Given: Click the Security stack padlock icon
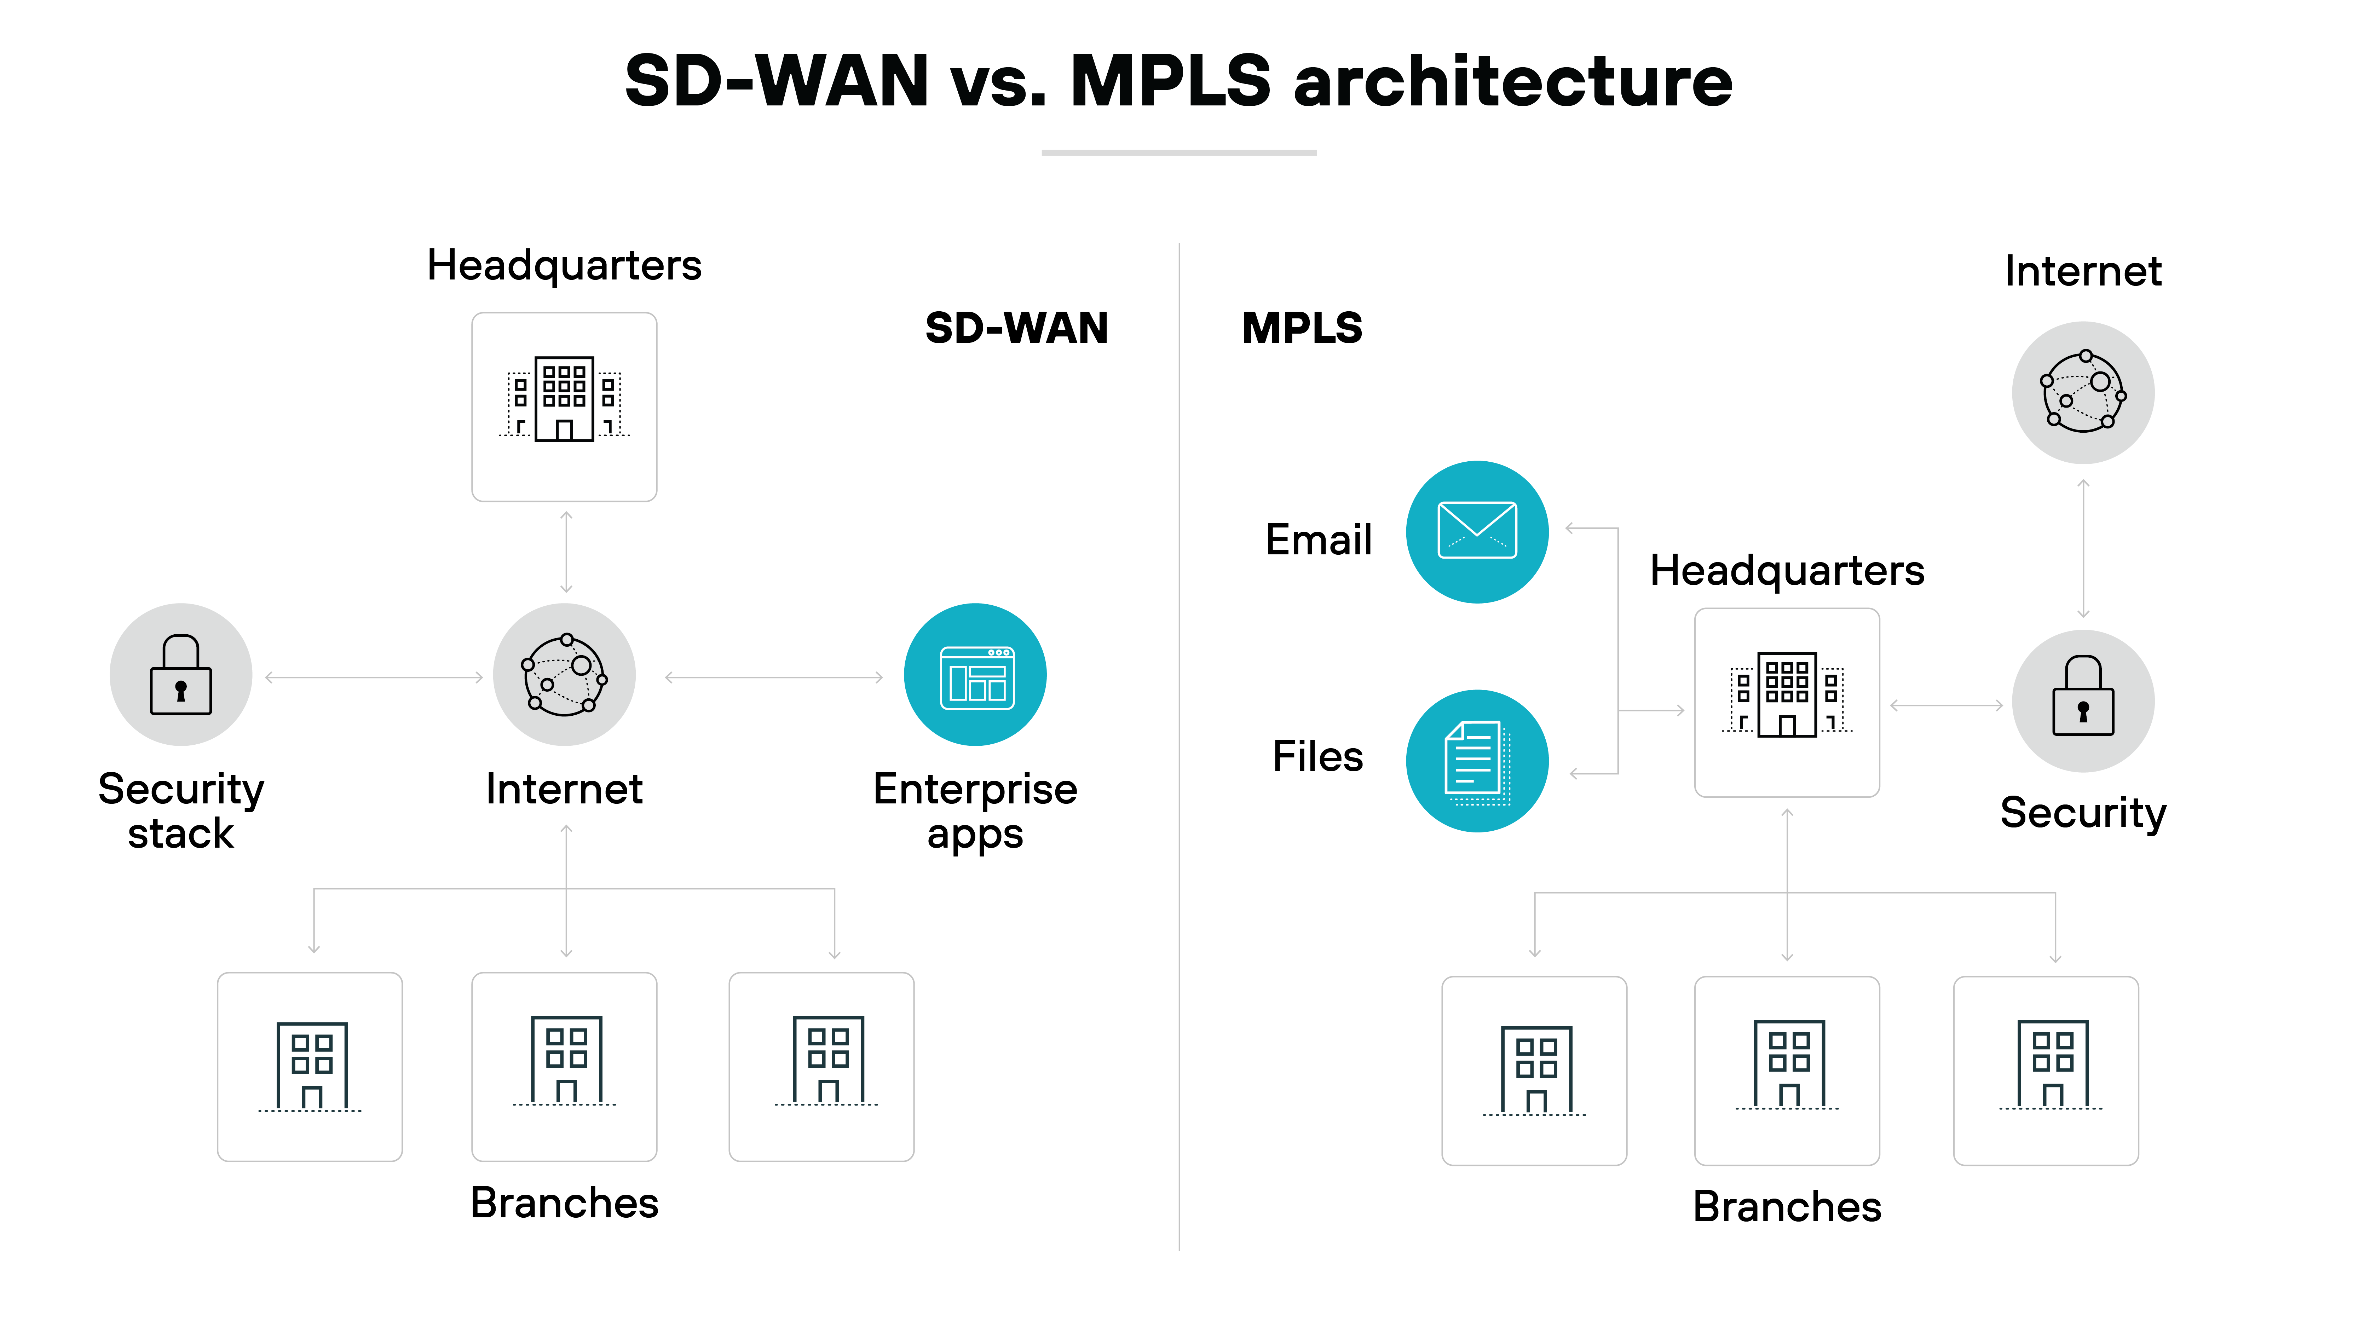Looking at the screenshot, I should [180, 675].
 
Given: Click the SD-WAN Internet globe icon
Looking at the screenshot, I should [564, 675].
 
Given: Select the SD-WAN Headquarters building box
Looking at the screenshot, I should [564, 406].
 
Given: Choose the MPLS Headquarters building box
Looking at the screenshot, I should [1787, 703].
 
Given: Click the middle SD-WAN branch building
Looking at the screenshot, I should [564, 1067].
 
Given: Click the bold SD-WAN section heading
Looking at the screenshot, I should [1016, 328].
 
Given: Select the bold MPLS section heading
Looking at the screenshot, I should [1301, 328].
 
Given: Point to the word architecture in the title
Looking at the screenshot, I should [1513, 81].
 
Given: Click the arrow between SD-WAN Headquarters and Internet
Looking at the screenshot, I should [566, 552].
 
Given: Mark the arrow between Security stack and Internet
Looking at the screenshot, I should [374, 678].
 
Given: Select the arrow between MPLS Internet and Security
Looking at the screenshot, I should [2083, 548].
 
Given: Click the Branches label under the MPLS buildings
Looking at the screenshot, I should [1787, 1206].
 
